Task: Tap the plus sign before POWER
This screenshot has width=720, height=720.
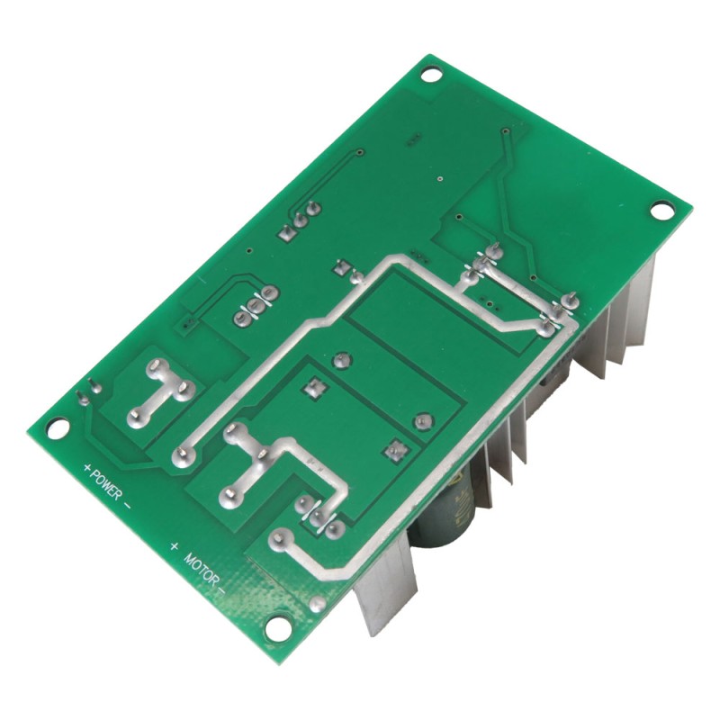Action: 88,467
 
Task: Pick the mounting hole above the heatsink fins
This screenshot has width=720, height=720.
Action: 661,211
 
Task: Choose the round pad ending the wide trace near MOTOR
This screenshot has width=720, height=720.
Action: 278,540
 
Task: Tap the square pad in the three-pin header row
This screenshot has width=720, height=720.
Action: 286,234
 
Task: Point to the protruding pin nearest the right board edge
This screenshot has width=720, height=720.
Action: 569,299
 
